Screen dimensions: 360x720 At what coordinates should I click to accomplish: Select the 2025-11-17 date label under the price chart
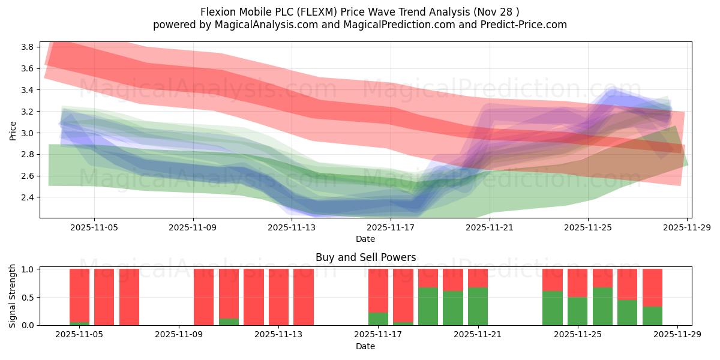[390, 228]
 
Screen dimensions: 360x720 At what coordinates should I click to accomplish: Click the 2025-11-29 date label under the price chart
[686, 228]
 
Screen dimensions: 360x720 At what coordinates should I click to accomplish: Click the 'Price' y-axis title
[13, 130]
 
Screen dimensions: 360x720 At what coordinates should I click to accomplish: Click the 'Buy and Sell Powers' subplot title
[365, 257]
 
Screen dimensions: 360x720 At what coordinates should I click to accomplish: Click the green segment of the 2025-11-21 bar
[478, 307]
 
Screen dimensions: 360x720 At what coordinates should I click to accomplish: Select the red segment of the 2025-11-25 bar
[577, 283]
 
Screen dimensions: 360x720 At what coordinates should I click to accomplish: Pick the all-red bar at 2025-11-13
[278, 297]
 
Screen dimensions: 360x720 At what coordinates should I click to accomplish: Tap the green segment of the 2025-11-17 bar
[378, 319]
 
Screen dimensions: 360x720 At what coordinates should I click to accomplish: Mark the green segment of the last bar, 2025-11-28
[652, 316]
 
